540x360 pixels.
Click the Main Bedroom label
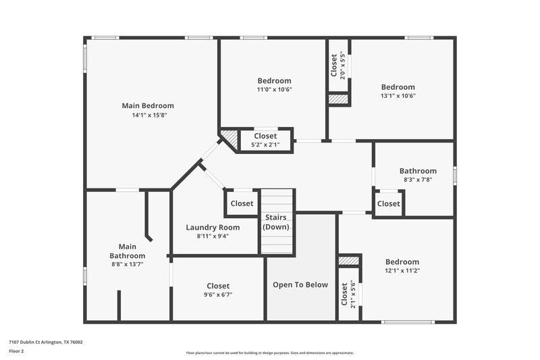(148, 105)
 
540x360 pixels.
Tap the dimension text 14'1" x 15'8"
(148, 115)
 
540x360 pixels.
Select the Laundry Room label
(213, 227)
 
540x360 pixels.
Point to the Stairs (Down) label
(275, 222)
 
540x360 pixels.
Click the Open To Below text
(300, 284)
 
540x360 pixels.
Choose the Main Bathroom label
(127, 251)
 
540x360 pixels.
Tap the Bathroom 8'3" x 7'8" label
(418, 171)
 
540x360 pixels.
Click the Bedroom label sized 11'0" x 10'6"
(274, 80)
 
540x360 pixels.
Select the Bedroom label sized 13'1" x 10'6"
(398, 86)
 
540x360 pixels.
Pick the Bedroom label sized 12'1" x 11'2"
(402, 261)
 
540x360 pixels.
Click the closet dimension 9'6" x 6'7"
(218, 294)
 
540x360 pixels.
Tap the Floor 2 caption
(17, 351)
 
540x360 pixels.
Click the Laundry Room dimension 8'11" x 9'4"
(213, 236)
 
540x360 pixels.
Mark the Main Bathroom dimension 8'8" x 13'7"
(127, 264)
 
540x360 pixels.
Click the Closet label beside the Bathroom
(388, 203)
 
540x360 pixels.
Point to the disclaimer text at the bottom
(270, 353)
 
